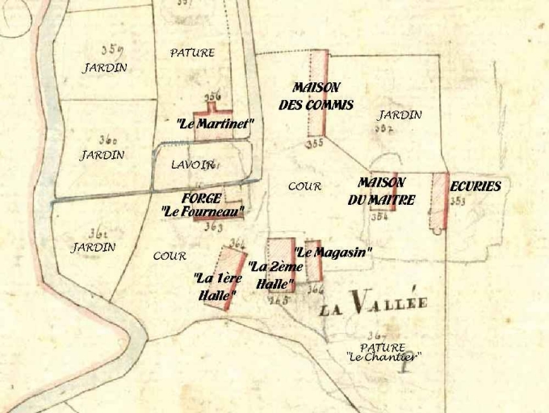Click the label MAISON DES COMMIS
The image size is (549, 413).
[316, 96]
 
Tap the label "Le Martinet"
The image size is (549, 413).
[215, 123]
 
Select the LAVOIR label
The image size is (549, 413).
[192, 165]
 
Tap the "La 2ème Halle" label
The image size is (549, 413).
[275, 275]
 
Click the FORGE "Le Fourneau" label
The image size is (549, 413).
[202, 205]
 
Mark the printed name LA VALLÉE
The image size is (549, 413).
[372, 305]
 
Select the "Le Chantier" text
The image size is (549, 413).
[383, 357]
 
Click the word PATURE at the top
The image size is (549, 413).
[192, 53]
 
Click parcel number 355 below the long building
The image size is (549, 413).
[314, 144]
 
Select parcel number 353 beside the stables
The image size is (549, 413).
[458, 202]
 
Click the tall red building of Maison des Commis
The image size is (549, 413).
[319, 93]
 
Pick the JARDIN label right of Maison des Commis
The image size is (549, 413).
[399, 115]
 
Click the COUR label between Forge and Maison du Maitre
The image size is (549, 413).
[304, 186]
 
